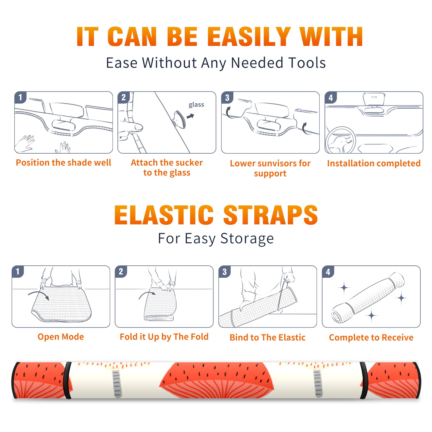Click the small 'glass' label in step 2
click(x=196, y=105)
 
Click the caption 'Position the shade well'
click(x=63, y=163)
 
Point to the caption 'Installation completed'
click(x=374, y=163)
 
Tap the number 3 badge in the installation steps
click(x=227, y=97)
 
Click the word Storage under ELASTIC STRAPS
click(x=247, y=239)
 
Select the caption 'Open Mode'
click(x=61, y=337)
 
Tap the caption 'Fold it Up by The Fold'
click(x=164, y=337)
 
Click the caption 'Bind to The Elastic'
click(x=268, y=337)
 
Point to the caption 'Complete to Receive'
click(x=371, y=337)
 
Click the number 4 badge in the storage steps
click(x=328, y=272)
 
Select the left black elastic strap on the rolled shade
click(x=67, y=380)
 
